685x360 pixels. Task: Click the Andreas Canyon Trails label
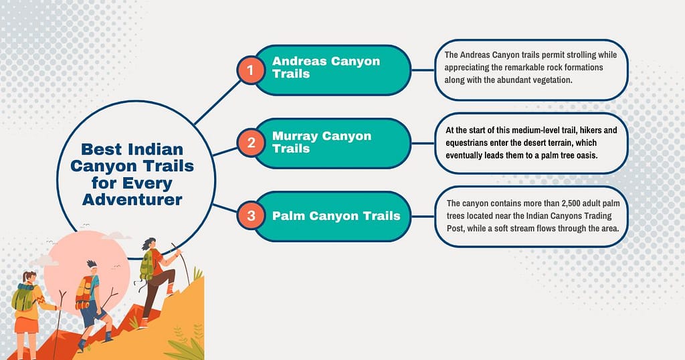[x=326, y=67]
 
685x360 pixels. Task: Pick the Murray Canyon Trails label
[x=321, y=142]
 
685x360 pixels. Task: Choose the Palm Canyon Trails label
[x=336, y=215]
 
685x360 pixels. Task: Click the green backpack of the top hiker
[x=146, y=266]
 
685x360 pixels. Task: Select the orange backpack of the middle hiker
[x=82, y=291]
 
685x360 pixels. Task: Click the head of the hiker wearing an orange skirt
[x=29, y=277]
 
